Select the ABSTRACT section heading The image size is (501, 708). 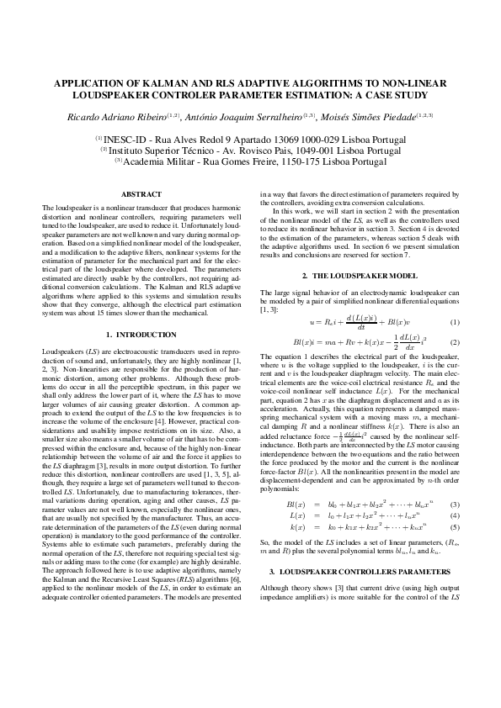pyautogui.click(x=141, y=194)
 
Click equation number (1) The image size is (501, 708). pyautogui.click(x=454, y=323)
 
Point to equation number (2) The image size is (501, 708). pyautogui.click(x=454, y=343)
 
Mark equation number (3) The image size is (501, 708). pyautogui.click(x=454, y=504)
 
